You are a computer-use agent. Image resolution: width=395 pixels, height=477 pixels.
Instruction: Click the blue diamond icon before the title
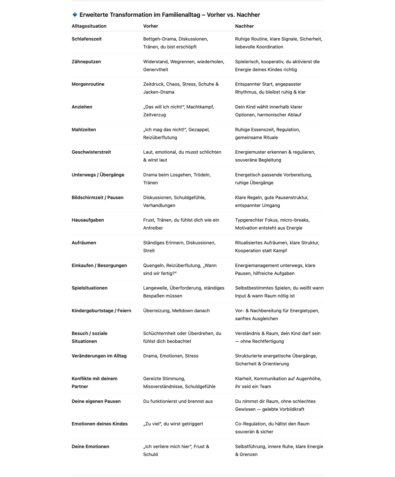coord(75,15)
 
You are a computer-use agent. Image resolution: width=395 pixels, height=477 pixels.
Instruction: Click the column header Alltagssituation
coord(89,26)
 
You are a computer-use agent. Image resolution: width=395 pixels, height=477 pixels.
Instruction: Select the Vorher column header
coord(151,26)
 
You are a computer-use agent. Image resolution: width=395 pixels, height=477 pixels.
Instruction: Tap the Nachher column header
coord(244,26)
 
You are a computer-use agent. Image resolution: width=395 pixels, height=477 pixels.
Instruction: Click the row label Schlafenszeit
coord(86,39)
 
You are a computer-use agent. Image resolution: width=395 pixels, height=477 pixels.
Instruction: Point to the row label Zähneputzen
coord(86,62)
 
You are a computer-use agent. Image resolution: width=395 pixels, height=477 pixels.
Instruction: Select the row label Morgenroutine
coord(88,84)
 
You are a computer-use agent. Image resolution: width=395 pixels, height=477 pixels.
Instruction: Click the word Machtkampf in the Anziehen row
coord(200,107)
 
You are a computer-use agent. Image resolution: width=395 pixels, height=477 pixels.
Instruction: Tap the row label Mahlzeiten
coord(84,130)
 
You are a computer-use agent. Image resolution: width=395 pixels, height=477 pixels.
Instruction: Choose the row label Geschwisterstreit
coord(91,152)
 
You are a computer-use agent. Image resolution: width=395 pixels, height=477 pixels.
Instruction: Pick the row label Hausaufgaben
coord(88,220)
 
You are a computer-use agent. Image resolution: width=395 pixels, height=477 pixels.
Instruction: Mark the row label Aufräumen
coord(84,243)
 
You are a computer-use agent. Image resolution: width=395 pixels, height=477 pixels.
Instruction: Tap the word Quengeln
coord(153,266)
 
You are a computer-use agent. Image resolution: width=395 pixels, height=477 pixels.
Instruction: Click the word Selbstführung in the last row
coord(250,447)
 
